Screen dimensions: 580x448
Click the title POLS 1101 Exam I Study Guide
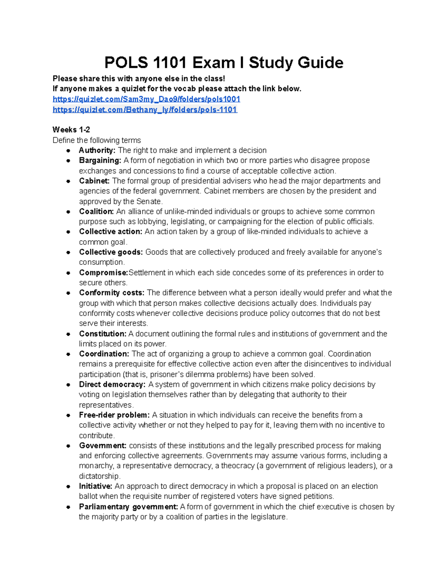[224, 62]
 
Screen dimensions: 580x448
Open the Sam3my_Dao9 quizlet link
[146, 99]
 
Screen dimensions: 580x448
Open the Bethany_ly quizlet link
[145, 109]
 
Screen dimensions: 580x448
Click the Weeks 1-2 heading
[71, 130]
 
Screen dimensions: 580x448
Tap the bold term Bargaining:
[100, 160]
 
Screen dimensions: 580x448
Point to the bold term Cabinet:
[94, 181]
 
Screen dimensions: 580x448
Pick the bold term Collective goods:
[111, 252]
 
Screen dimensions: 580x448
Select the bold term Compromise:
[103, 273]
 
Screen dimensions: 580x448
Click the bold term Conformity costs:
[111, 293]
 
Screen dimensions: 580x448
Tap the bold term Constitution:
[103, 334]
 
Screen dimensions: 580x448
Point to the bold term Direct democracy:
[112, 384]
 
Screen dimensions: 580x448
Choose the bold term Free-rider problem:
[114, 415]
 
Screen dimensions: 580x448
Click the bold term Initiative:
[95, 486]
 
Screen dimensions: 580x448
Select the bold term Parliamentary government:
[128, 507]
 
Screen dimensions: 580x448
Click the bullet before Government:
[68, 446]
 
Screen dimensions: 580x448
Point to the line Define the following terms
[97, 140]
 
